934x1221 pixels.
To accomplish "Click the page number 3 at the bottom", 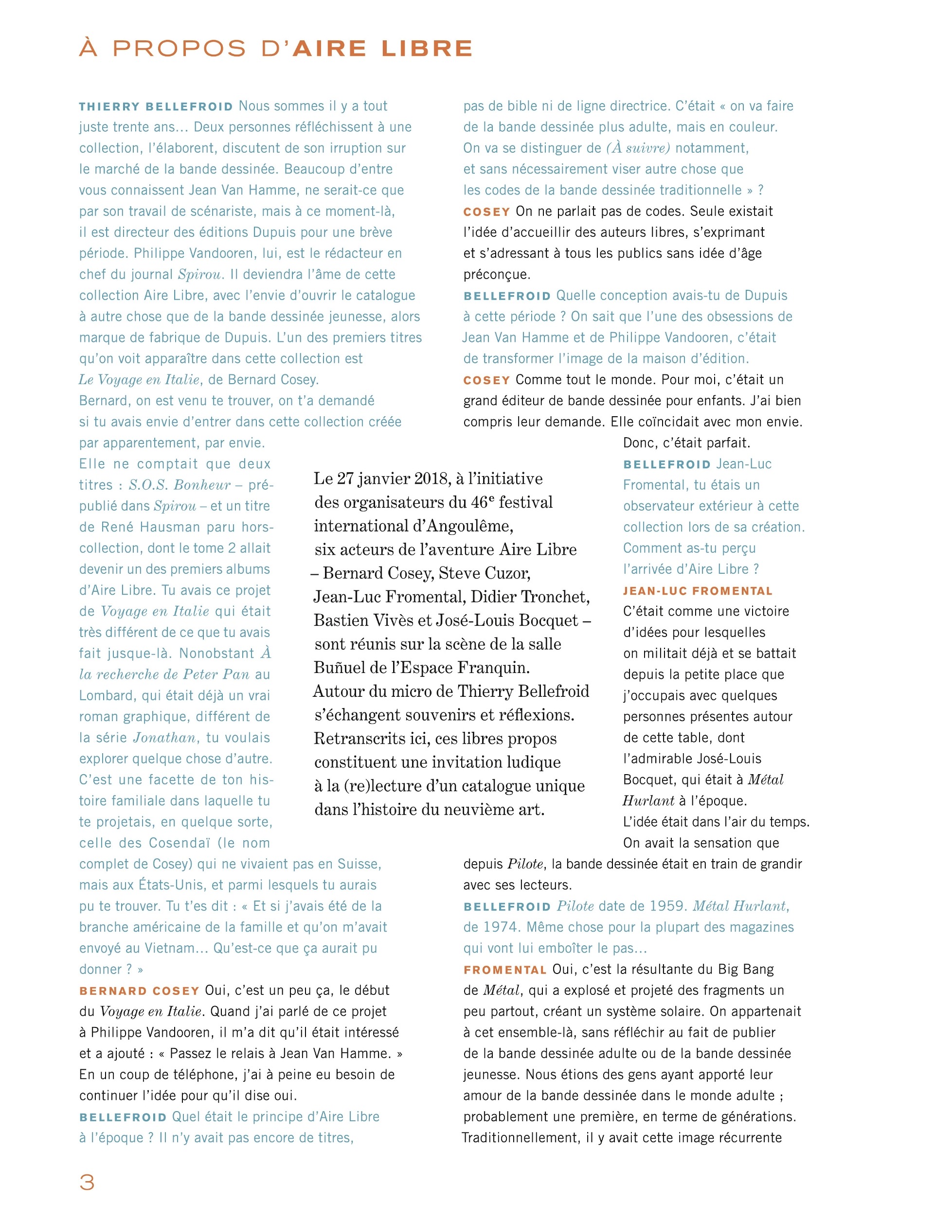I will (x=87, y=1182).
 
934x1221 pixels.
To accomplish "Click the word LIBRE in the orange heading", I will (x=427, y=49).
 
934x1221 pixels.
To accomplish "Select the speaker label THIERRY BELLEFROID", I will (x=156, y=106).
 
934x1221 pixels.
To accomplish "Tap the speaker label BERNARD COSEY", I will (x=139, y=991).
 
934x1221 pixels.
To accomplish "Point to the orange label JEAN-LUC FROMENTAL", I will (x=698, y=591).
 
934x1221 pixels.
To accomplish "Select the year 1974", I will (x=500, y=928).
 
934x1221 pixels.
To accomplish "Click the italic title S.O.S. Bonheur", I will (x=179, y=485).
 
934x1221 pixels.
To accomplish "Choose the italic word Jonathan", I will (x=164, y=738).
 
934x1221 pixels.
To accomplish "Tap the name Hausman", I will (x=163, y=528).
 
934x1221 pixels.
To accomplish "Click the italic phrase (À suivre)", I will (x=638, y=148).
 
